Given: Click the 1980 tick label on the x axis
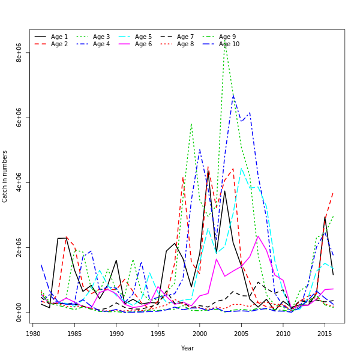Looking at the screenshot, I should point(33,334).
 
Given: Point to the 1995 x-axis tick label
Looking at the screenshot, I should point(158,334).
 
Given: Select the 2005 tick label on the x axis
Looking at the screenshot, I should point(241,334).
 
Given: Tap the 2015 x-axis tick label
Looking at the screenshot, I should point(325,334).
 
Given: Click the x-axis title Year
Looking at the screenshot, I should point(187,348).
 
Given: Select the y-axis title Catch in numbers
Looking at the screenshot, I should point(5,176).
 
